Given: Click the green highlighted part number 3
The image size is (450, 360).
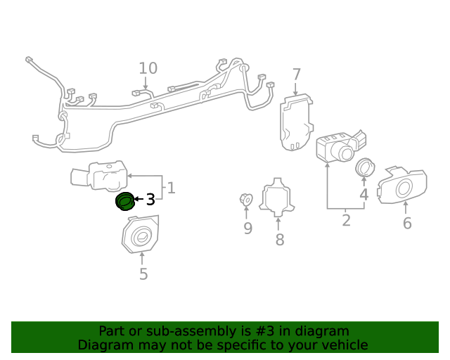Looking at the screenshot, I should (x=124, y=201).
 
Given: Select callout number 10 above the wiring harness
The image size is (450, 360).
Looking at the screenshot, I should (x=148, y=68).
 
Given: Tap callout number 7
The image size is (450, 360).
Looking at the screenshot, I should (x=296, y=75).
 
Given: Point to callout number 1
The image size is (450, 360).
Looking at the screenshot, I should (x=171, y=188).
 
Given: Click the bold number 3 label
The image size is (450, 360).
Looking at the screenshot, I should (x=150, y=200).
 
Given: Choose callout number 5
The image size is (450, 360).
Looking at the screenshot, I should (x=143, y=274).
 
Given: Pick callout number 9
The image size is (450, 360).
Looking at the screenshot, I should (x=247, y=228).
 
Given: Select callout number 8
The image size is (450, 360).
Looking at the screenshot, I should (x=280, y=240).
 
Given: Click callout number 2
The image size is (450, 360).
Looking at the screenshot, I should (x=346, y=221).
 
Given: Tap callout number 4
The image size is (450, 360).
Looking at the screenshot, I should (x=364, y=195).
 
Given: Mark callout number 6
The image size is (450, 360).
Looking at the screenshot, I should (x=407, y=224).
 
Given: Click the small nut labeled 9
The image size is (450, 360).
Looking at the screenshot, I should (x=246, y=200).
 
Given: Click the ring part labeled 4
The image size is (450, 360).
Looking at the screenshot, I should (x=364, y=167).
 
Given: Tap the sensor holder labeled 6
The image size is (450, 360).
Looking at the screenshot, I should (x=402, y=184).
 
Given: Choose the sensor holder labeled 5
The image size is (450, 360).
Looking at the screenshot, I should (x=140, y=235).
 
